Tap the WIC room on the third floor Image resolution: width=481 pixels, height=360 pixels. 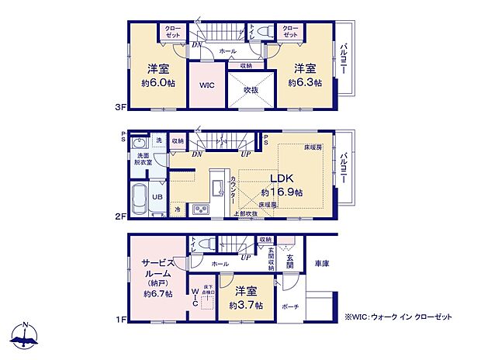[206, 86]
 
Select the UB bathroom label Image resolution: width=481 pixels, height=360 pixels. [156, 196]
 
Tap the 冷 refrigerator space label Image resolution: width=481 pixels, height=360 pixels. [177, 209]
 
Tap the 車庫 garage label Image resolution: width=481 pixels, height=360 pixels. [322, 265]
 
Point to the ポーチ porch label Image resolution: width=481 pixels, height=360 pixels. [290, 305]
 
